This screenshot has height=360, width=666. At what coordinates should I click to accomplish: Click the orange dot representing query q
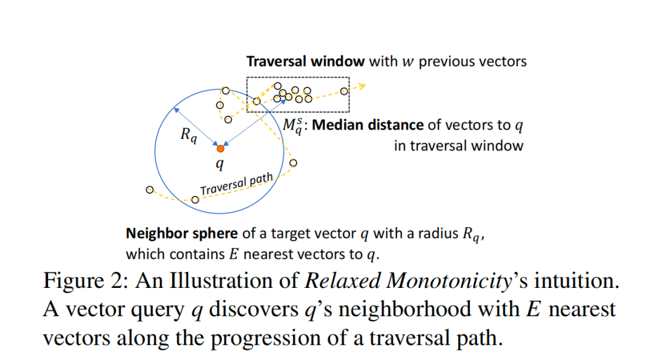click(221, 148)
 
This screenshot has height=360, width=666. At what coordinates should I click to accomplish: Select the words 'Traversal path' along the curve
click(236, 184)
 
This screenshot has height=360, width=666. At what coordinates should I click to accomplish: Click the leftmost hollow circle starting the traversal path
click(149, 190)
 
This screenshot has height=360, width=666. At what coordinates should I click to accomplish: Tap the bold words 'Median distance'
click(369, 125)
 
